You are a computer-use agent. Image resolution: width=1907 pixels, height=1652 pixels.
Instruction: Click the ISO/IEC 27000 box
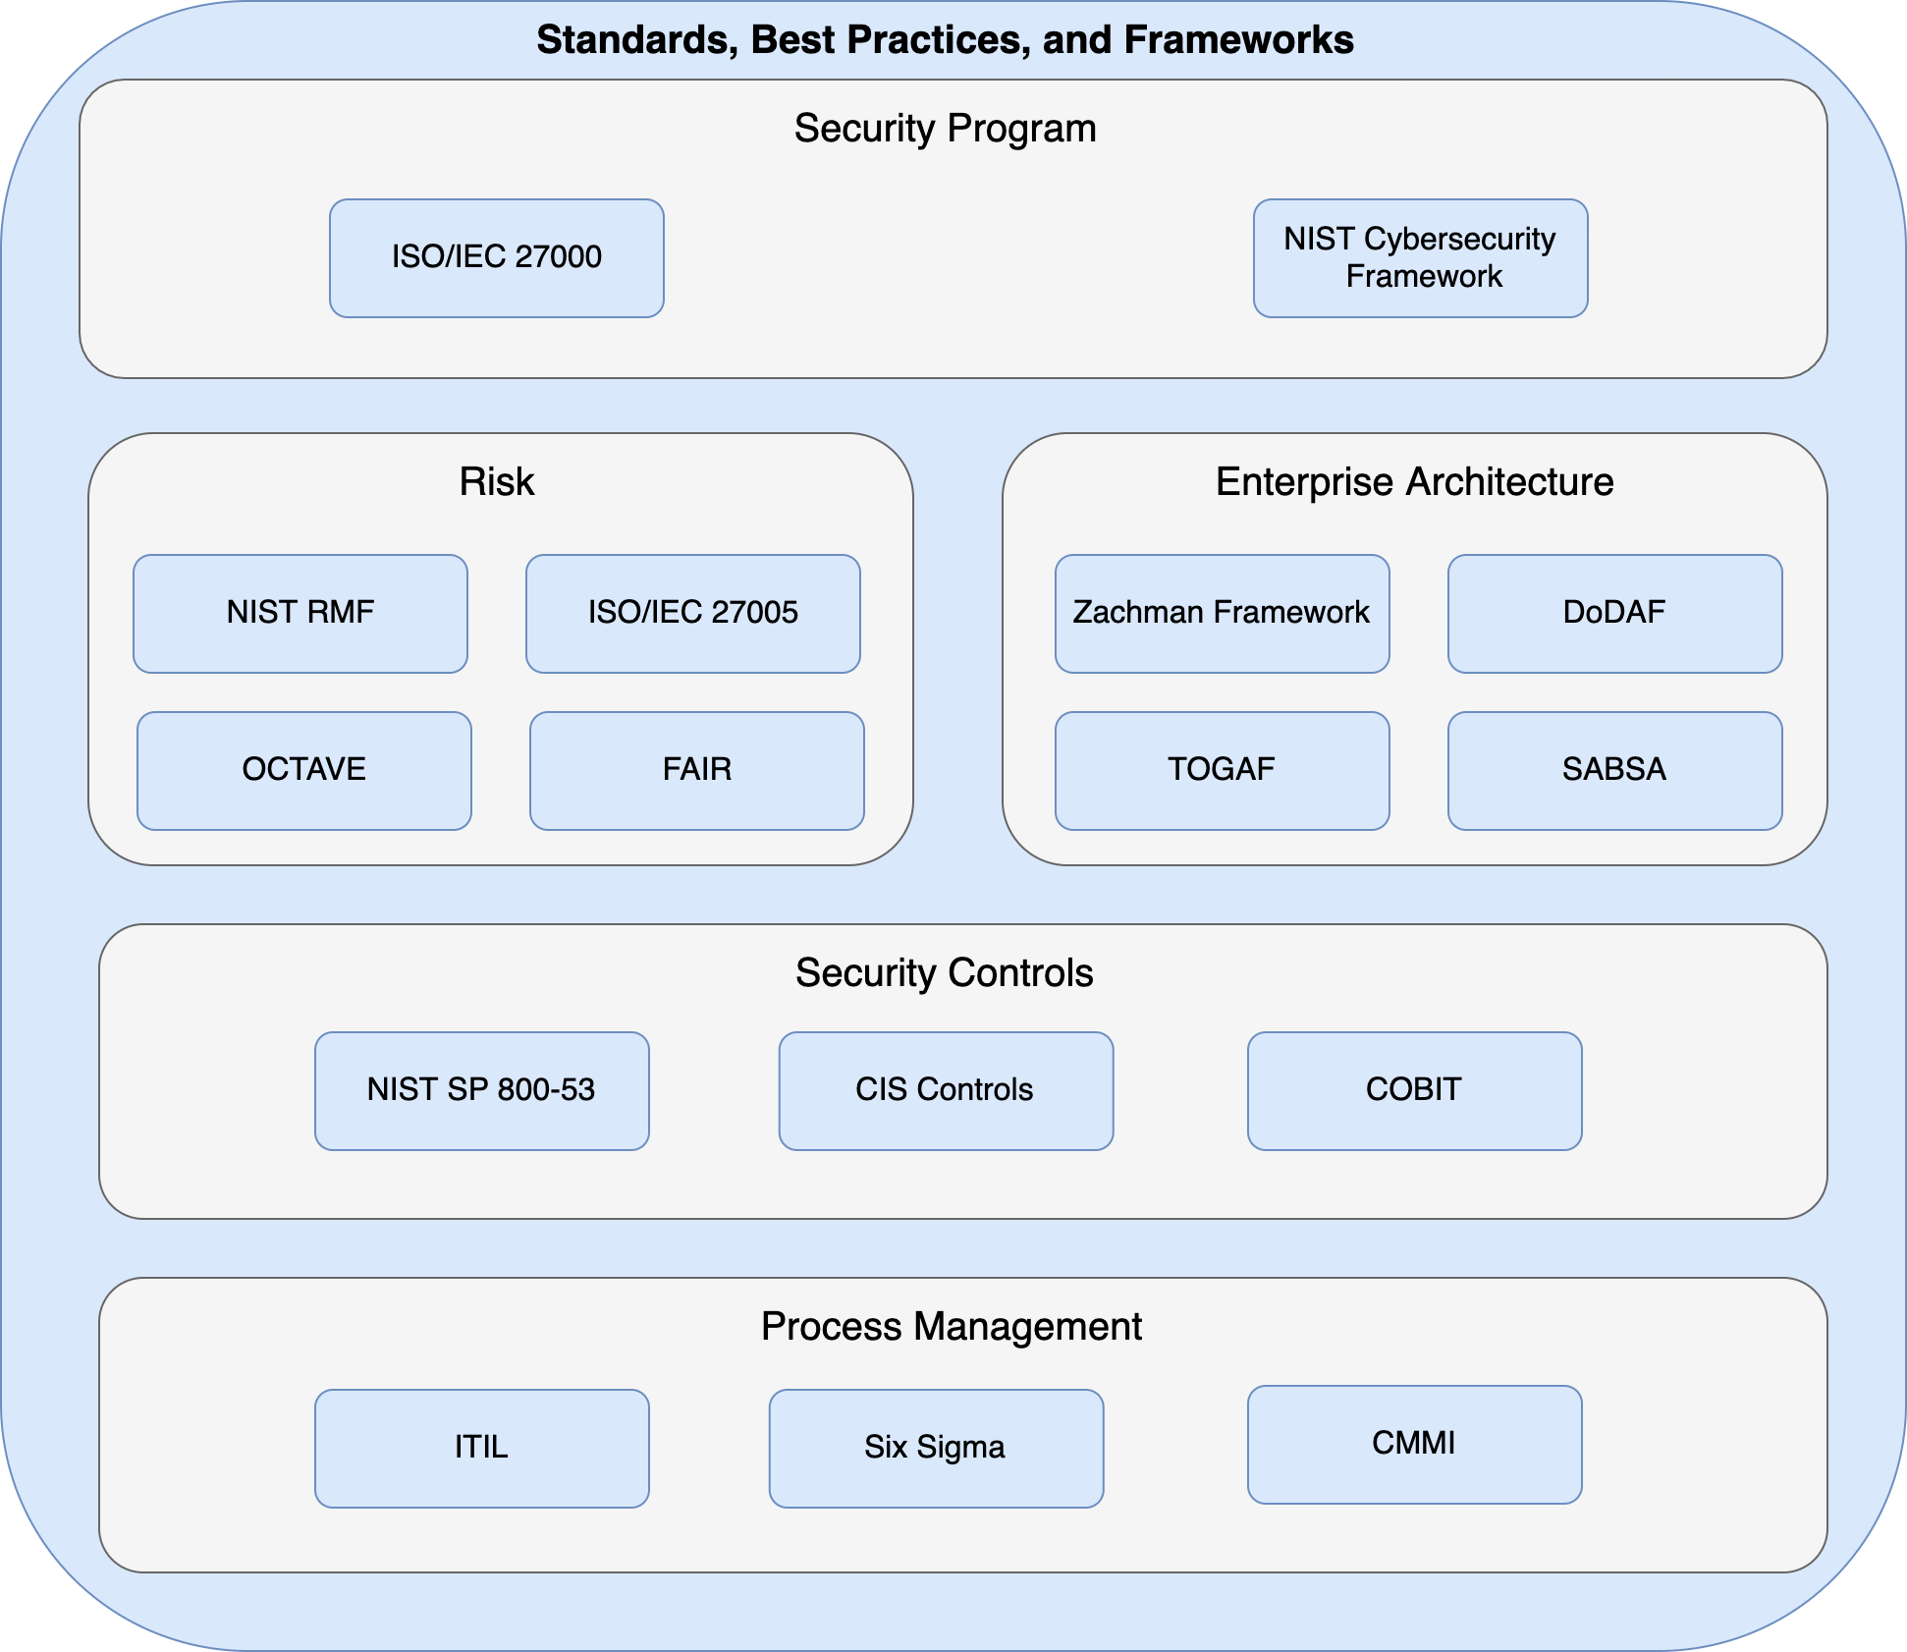coord(496,257)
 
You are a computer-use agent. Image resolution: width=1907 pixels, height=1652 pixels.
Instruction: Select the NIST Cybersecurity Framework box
coord(1420,257)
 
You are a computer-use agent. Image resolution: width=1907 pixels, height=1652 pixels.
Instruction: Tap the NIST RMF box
coord(300,613)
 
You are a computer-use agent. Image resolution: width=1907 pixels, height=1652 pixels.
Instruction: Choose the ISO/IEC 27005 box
coord(692,613)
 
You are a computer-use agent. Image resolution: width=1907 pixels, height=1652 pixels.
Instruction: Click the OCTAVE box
coord(303,770)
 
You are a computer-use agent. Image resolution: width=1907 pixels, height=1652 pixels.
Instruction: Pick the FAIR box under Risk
coord(696,770)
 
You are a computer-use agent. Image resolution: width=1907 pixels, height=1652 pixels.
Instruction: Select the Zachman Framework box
coord(1222,613)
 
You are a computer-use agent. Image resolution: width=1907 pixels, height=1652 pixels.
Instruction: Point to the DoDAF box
coord(1614,613)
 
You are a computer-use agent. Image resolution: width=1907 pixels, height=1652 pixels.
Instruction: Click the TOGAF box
coord(1222,770)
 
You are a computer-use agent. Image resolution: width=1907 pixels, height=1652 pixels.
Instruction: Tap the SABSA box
coord(1614,770)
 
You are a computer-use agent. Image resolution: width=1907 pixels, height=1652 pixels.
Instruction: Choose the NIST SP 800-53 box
coord(481,1090)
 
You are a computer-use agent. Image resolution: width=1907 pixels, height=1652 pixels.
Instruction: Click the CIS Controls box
coord(945,1090)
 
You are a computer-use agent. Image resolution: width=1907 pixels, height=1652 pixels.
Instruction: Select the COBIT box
coord(1414,1090)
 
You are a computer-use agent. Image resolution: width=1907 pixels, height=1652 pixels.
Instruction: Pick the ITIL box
coord(481,1448)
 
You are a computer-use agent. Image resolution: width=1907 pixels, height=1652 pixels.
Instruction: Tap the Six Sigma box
coord(935,1448)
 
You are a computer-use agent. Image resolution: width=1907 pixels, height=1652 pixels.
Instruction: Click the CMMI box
coord(1414,1444)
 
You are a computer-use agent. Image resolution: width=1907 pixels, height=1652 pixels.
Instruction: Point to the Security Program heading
coord(945,129)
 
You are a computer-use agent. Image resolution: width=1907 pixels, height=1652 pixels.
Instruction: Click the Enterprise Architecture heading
coord(1414,482)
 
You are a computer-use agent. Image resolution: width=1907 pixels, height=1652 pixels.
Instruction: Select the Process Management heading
coord(951,1327)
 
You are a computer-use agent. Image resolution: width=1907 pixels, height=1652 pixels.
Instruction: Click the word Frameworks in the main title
coord(1238,40)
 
